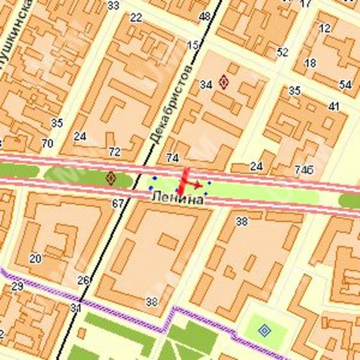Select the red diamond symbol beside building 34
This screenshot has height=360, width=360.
(x=224, y=82)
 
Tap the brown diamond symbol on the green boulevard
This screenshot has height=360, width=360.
(x=111, y=177)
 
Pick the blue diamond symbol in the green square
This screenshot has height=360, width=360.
(x=264, y=330)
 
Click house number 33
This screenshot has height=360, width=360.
(x=114, y=6)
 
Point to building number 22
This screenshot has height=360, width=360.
(x=136, y=18)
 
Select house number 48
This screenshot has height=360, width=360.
(x=206, y=16)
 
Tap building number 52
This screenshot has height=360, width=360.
(x=282, y=52)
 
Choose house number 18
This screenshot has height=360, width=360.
(x=310, y=63)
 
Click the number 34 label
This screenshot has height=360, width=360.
(x=206, y=84)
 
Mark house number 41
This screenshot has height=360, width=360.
(x=334, y=106)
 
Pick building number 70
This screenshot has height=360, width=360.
(x=47, y=143)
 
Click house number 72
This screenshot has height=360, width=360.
(x=115, y=152)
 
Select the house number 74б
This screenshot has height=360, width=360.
(x=304, y=169)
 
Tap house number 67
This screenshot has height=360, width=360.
(x=117, y=204)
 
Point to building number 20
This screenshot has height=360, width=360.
(x=35, y=258)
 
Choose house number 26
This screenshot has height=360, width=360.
(x=83, y=280)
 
